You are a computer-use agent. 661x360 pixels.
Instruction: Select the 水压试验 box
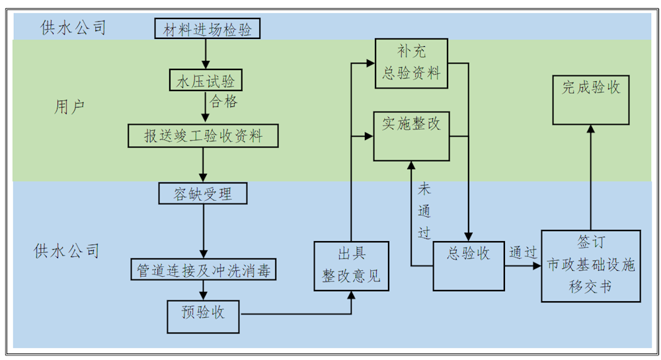pyautogui.click(x=205, y=81)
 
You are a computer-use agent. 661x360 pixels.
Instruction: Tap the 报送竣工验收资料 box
pyautogui.click(x=203, y=135)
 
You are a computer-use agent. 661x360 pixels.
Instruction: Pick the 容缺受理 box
pyautogui.click(x=203, y=193)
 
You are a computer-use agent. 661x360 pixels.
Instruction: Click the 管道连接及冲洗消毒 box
pyautogui.click(x=203, y=270)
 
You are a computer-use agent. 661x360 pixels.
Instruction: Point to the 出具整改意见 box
pyautogui.click(x=351, y=266)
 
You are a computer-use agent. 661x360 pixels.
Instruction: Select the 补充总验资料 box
pyautogui.click(x=410, y=63)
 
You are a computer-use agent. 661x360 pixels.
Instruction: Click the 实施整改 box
pyautogui.click(x=410, y=135)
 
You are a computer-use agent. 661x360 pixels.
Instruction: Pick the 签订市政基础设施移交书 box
pyautogui.click(x=591, y=266)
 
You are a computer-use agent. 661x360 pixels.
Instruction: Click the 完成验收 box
pyautogui.click(x=591, y=99)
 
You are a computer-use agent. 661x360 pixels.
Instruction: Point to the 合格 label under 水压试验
pyautogui.click(x=223, y=102)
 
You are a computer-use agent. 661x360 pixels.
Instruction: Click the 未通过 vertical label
pyautogui.click(x=424, y=211)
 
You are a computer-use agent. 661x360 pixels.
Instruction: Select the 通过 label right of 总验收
pyautogui.click(x=522, y=253)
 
